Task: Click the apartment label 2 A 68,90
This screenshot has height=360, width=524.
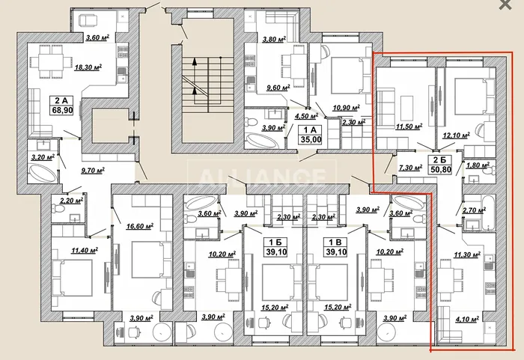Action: coord(61,105)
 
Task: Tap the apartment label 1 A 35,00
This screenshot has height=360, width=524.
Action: coord(311,135)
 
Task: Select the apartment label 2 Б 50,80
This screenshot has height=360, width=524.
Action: coord(441,165)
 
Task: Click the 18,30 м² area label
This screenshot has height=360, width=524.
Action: coord(88,67)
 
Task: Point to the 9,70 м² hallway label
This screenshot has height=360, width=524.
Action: coord(93,171)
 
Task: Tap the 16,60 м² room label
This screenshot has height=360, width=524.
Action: coord(140,226)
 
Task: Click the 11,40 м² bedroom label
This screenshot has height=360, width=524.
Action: coord(84,250)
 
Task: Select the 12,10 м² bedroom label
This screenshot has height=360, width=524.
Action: coord(456,135)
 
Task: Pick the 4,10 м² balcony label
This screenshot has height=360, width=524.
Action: coord(467,320)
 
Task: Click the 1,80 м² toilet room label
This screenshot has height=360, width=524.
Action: coord(478,165)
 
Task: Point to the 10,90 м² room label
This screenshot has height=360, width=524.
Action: coord(346,108)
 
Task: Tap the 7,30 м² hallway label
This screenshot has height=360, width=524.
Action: coord(410,168)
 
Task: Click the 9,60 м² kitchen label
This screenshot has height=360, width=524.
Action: coord(278,88)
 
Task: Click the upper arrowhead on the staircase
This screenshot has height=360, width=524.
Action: coord(195,61)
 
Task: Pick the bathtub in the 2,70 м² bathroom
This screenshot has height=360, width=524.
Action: coord(488,213)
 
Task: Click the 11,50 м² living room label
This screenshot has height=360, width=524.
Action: coord(409,126)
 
